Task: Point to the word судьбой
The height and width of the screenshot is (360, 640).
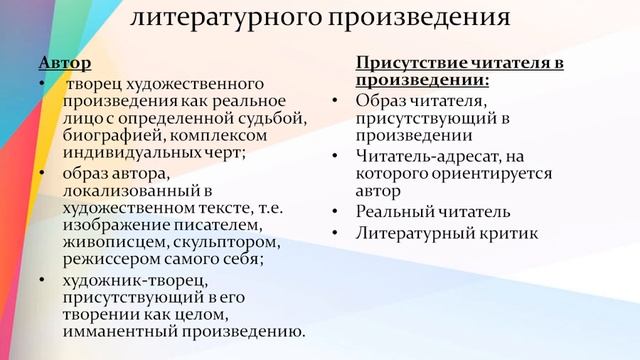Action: click(x=273, y=118)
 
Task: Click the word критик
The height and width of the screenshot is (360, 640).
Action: click(x=506, y=232)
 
